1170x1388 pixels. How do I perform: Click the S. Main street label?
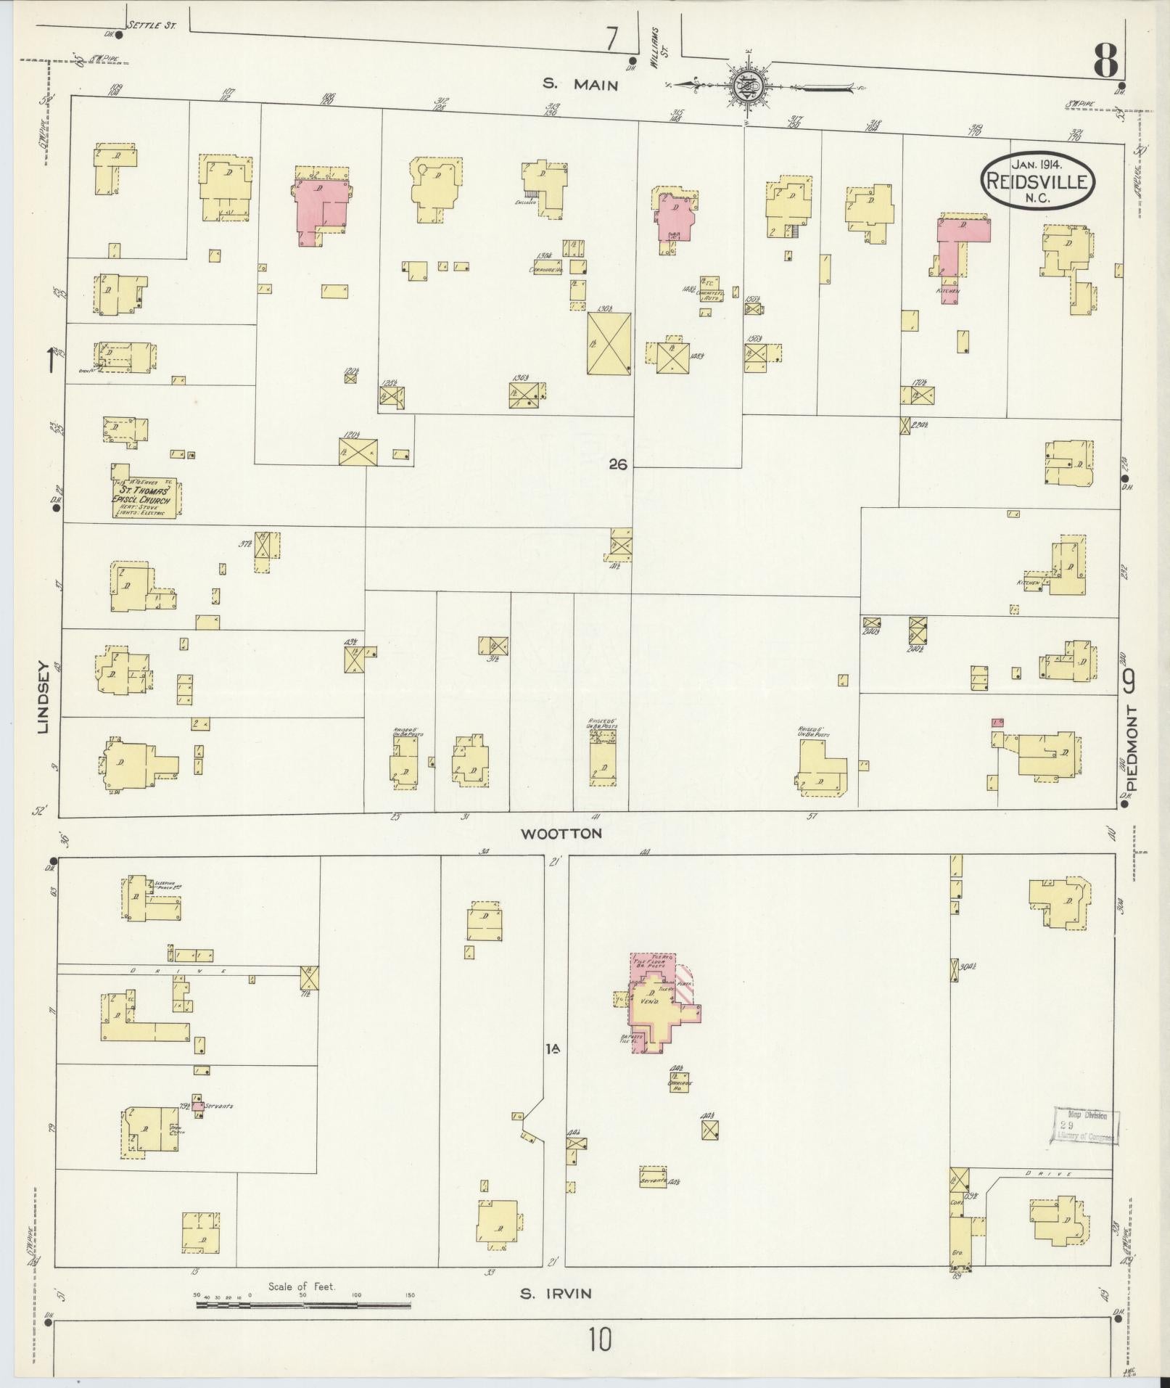tap(580, 85)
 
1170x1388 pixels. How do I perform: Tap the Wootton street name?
tap(561, 834)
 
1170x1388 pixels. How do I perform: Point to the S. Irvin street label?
tap(556, 1293)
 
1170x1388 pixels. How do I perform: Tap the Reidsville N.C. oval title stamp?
tap(1037, 179)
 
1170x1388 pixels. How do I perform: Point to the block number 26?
tap(617, 465)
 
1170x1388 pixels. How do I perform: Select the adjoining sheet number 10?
tap(600, 1339)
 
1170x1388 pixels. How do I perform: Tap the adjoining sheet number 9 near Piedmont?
tap(1129, 681)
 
